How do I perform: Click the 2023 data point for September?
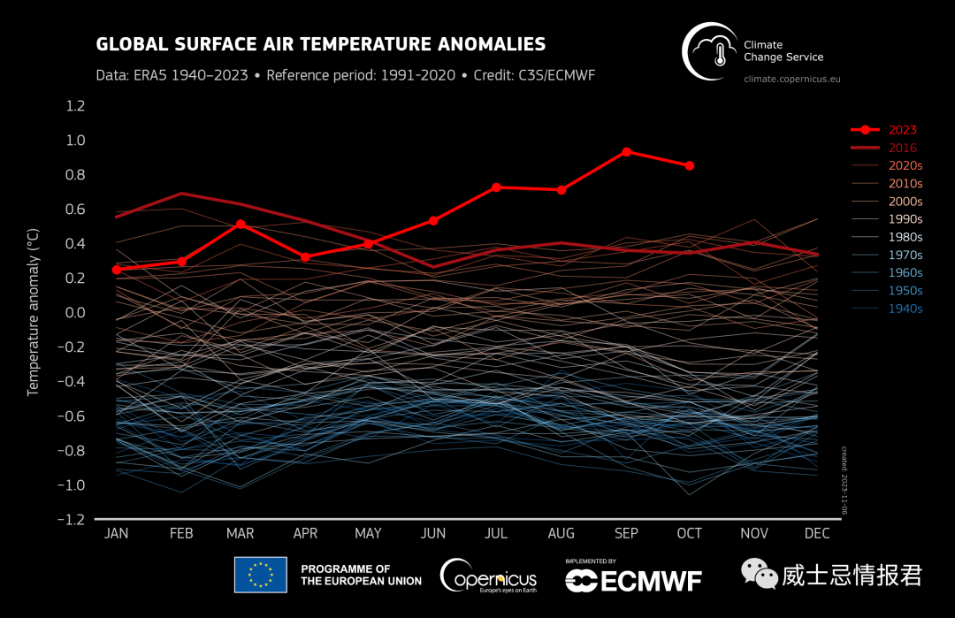[626, 152]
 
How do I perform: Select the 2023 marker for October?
[690, 165]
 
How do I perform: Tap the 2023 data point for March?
[241, 225]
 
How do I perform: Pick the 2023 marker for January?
[117, 269]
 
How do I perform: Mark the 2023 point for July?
[496, 187]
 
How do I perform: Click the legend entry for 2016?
[903, 148]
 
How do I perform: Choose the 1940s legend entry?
[905, 309]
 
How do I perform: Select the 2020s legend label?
[905, 165]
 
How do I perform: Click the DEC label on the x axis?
[816, 533]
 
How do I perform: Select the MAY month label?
[368, 533]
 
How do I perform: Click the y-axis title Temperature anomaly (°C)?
[34, 313]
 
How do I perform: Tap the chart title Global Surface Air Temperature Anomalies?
[320, 44]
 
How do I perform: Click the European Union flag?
[260, 575]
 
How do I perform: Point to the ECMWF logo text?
[633, 580]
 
